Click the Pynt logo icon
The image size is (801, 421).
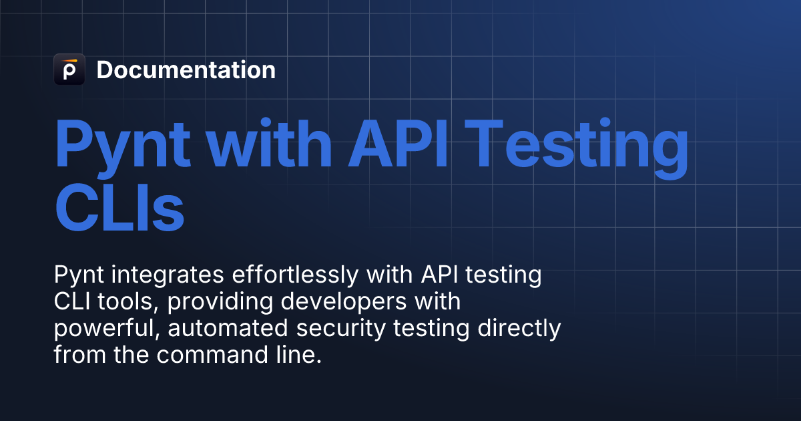69,69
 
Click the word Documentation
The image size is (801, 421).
186,70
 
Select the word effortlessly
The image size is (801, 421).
280,275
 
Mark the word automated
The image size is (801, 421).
213,328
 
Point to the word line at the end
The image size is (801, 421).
301,355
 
